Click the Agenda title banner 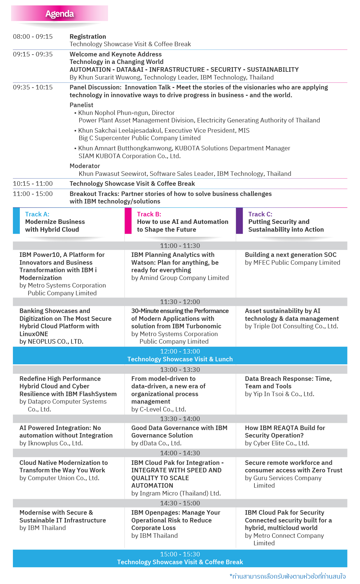(59, 14)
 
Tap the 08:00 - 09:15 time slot (33, 37)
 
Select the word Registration (88, 37)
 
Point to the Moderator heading (85, 166)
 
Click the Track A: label (37, 214)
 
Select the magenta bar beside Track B (128, 221)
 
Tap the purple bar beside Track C (239, 221)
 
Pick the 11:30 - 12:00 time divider (180, 302)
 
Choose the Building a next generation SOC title (290, 255)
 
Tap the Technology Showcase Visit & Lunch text (180, 359)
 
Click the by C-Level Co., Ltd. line (159, 409)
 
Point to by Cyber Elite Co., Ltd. (277, 443)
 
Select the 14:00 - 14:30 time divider (180, 453)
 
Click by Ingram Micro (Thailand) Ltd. (176, 493)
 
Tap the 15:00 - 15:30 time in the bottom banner (180, 554)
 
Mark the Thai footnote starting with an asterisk (287, 576)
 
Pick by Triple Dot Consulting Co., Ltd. (291, 326)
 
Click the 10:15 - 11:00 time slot (33, 184)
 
